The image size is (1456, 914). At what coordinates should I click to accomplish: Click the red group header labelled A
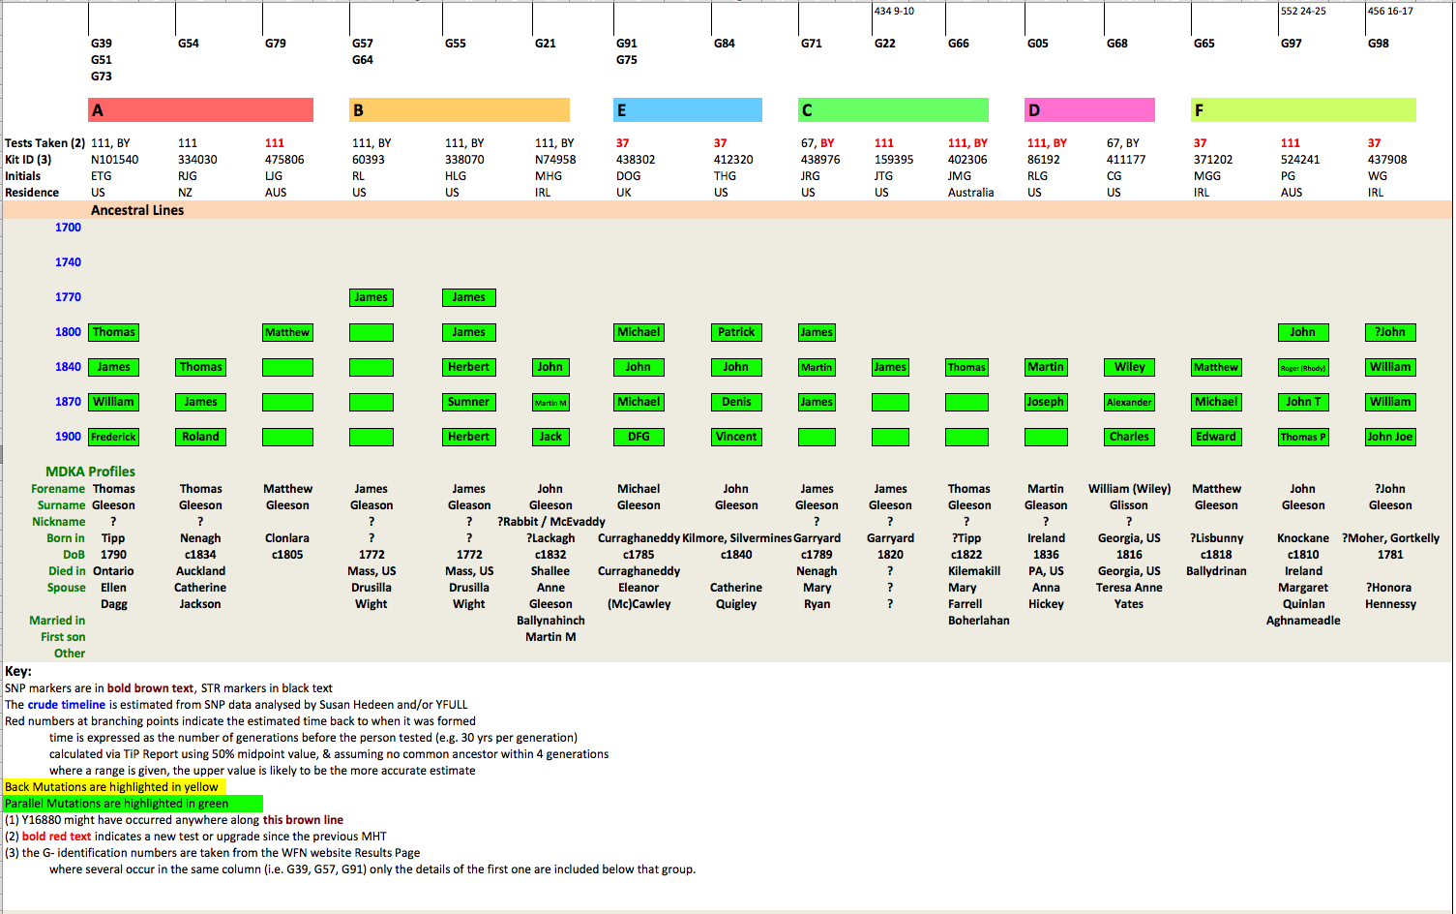point(200,110)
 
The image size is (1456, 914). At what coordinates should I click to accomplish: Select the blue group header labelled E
point(687,110)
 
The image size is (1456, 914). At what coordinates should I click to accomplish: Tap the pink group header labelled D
point(1089,110)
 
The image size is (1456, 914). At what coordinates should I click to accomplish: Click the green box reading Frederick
point(113,437)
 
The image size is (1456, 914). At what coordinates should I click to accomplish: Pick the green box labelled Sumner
point(468,402)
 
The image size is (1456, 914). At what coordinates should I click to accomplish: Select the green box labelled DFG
point(639,437)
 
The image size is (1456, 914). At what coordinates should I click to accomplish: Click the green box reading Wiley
point(1129,367)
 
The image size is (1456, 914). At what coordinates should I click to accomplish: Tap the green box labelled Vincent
point(736,437)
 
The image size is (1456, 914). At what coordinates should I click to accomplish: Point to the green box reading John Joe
point(1390,437)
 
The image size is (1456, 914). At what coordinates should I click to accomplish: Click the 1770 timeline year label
point(68,297)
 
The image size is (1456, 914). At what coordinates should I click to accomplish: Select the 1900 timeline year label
point(68,437)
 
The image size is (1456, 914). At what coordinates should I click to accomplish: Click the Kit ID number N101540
point(114,160)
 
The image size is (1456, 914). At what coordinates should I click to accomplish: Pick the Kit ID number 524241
point(1300,160)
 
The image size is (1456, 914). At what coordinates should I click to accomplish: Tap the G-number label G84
point(724,44)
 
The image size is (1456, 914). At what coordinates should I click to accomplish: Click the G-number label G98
point(1378,44)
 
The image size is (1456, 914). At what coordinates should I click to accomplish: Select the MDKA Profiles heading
point(90,472)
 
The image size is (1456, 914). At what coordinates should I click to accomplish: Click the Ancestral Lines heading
point(137,210)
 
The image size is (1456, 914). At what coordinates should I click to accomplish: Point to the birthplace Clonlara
point(287,538)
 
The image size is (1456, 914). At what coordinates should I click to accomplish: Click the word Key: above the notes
point(18,671)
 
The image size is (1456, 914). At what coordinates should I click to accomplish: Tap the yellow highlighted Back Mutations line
point(112,787)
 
